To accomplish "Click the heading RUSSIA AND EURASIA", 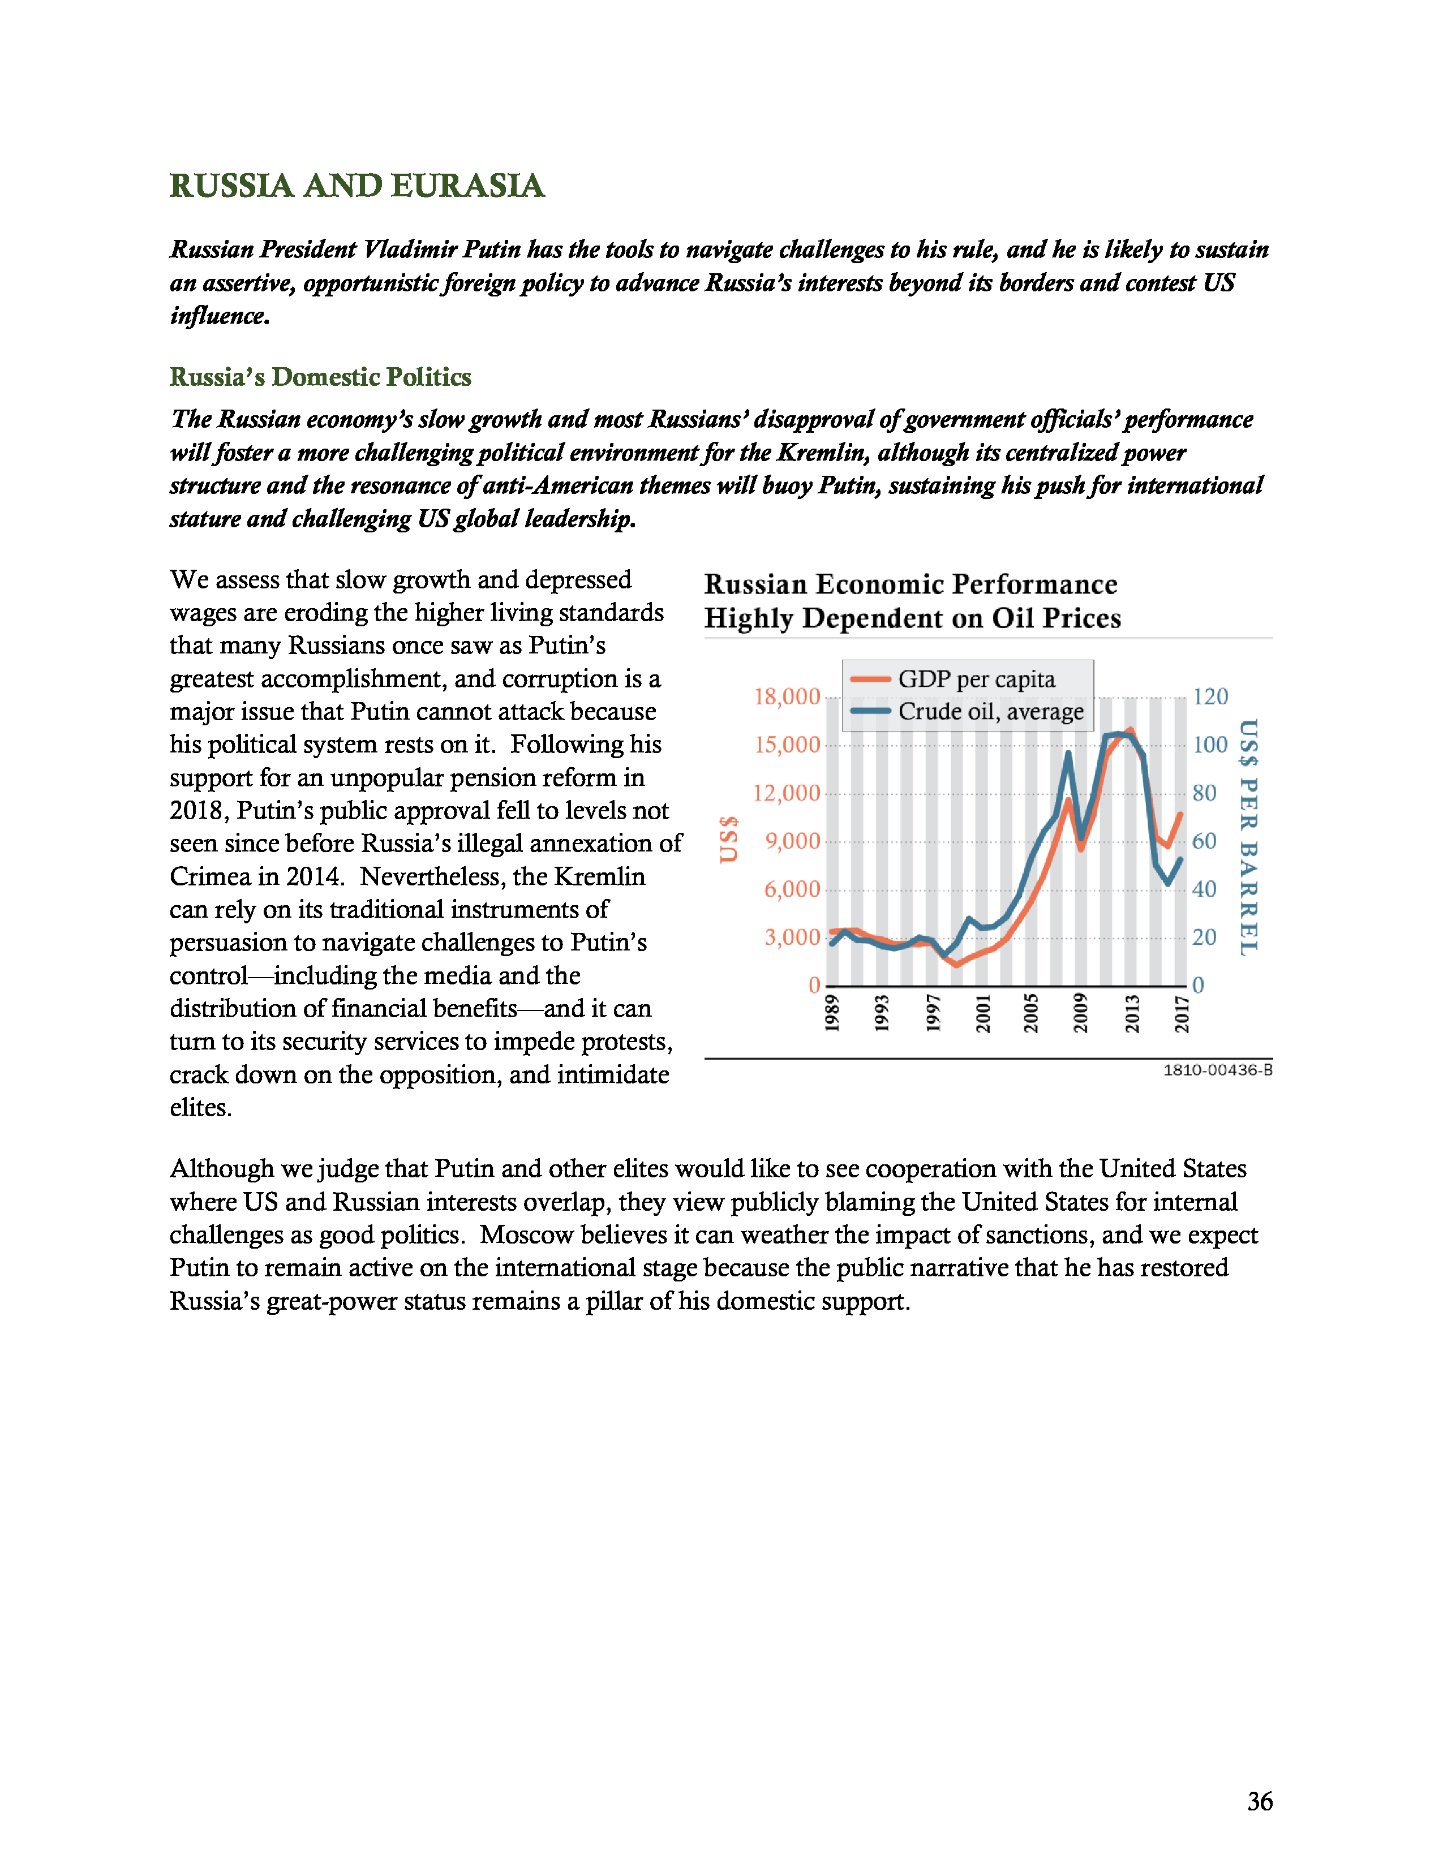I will (x=357, y=186).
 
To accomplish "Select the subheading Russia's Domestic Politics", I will (x=320, y=377).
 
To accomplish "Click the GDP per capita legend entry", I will (x=976, y=679).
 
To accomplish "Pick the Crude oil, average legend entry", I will (x=990, y=711).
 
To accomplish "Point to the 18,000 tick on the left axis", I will (x=787, y=696).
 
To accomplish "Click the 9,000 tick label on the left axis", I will (x=792, y=841).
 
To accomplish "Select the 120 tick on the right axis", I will (x=1210, y=696).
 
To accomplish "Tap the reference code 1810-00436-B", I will (x=1217, y=1070).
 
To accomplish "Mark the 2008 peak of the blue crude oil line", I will (x=1068, y=753).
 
